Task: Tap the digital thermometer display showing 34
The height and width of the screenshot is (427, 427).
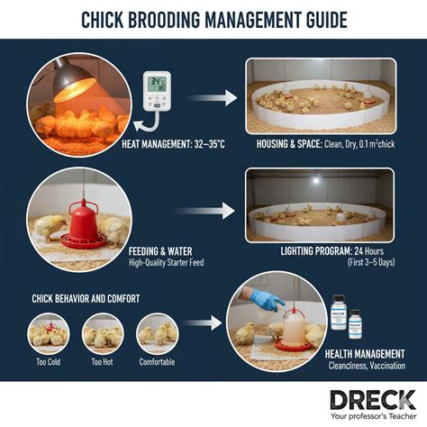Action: [158, 84]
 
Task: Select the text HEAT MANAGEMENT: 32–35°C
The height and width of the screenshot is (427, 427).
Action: [173, 144]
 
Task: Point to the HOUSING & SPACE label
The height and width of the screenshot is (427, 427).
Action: [289, 144]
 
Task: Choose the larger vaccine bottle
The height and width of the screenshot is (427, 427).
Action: [339, 313]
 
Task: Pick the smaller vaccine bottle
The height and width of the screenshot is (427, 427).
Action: [356, 324]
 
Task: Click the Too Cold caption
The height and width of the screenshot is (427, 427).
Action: [48, 362]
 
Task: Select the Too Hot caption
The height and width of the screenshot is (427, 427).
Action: [102, 362]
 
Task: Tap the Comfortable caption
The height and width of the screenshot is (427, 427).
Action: [157, 362]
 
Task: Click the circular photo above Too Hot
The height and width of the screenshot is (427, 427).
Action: [103, 333]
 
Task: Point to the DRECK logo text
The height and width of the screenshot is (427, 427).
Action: [373, 400]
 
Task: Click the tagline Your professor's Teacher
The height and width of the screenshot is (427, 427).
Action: [374, 416]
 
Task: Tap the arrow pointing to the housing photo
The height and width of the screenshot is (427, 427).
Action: [212, 98]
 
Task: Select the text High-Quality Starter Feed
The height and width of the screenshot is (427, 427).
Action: [167, 263]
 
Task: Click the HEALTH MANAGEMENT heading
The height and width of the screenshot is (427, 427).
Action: [365, 354]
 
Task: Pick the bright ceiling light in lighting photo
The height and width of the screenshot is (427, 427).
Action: [315, 180]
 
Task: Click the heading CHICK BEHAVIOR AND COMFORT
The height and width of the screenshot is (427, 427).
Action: [86, 299]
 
